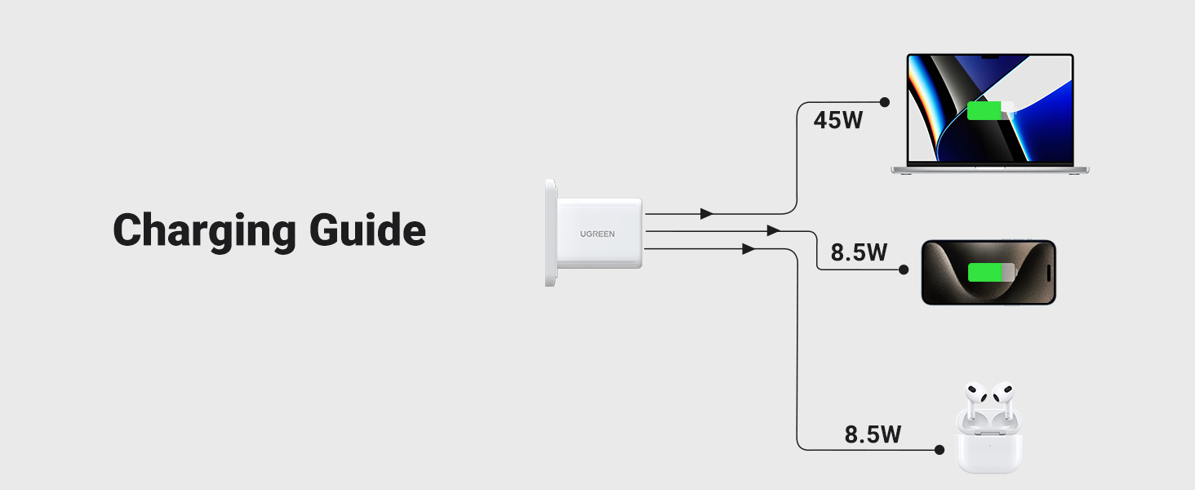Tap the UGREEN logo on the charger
pyautogui.click(x=597, y=234)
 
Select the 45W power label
pyautogui.click(x=838, y=121)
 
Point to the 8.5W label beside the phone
pyautogui.click(x=859, y=252)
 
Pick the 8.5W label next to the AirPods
pyautogui.click(x=873, y=434)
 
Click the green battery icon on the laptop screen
pyautogui.click(x=984, y=110)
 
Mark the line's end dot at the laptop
pyautogui.click(x=884, y=102)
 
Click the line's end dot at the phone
pyautogui.click(x=904, y=269)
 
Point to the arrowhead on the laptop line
pyautogui.click(x=707, y=214)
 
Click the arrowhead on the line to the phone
pyautogui.click(x=773, y=231)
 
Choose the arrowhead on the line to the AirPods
pyautogui.click(x=748, y=249)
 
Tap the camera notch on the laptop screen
pyautogui.click(x=990, y=57)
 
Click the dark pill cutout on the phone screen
pyautogui.click(x=1048, y=272)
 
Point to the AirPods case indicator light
pyautogui.click(x=989, y=446)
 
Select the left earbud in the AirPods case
pyautogui.click(x=973, y=401)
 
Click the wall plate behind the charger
pyautogui.click(x=550, y=233)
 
